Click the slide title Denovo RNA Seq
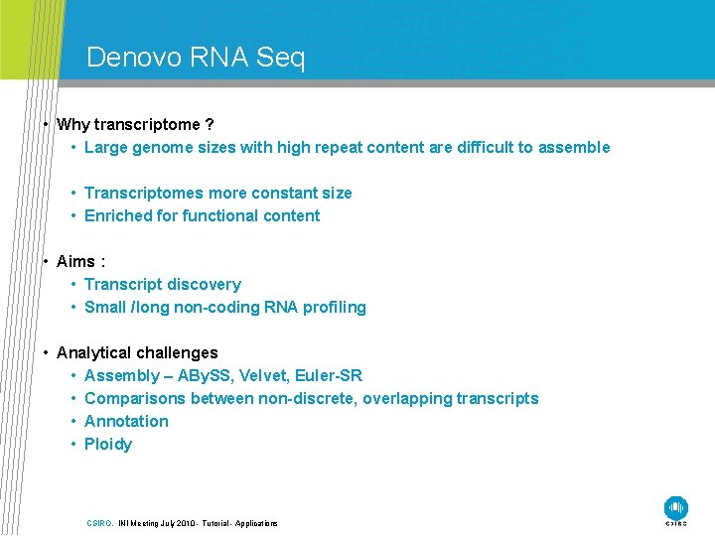(x=196, y=58)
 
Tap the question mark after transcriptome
(x=208, y=125)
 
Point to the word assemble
(x=574, y=148)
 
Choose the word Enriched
(x=118, y=216)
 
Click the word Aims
(x=75, y=262)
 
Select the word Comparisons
(x=135, y=399)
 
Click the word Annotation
(x=126, y=422)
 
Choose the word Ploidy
(x=108, y=445)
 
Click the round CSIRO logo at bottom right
(x=676, y=507)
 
